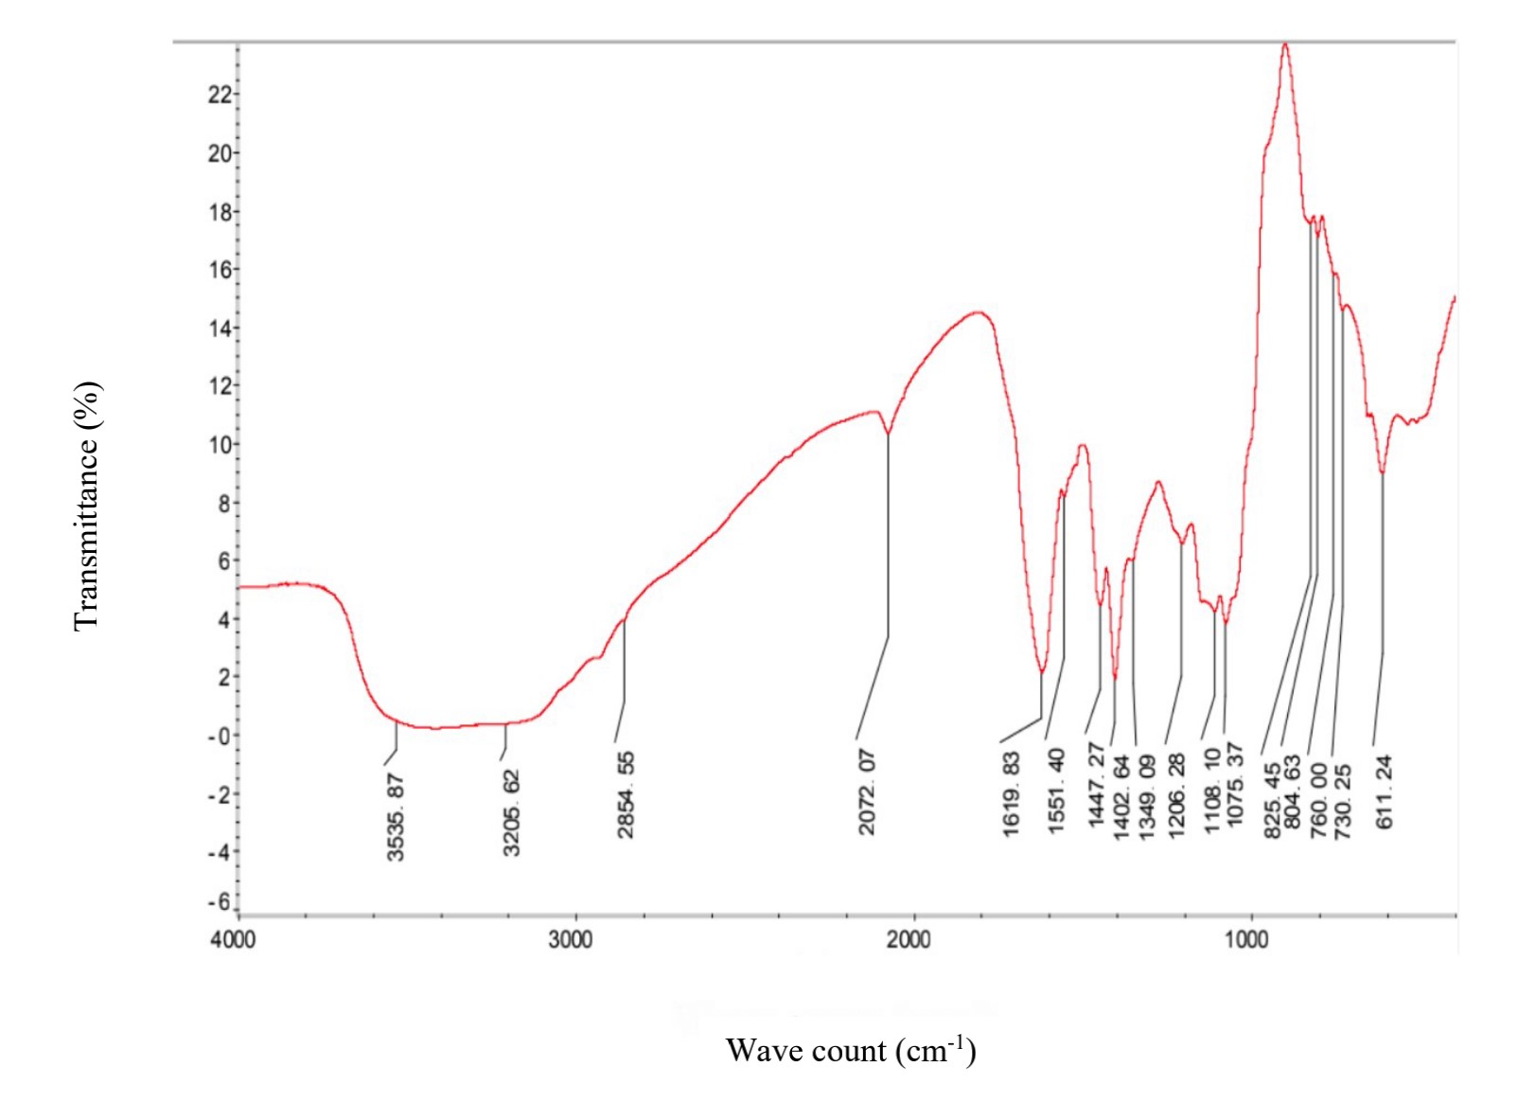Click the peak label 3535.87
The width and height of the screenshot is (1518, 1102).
point(396,817)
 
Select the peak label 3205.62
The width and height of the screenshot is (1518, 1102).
point(511,813)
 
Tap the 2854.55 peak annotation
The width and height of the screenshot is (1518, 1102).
point(626,795)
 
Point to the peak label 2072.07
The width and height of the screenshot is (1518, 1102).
point(867,792)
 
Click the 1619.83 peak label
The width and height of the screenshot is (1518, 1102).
point(1011,794)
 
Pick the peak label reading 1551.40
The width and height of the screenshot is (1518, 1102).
point(1056,791)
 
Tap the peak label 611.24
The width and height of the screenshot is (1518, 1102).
point(1385,791)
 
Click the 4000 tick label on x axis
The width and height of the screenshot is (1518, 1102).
point(233,939)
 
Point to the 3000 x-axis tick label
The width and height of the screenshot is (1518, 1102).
point(571,939)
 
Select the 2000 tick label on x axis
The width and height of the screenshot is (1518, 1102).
point(909,939)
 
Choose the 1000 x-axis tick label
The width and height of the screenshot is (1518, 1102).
point(1246,939)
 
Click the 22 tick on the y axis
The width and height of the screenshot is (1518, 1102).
point(220,94)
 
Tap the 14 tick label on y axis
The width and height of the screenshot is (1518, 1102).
point(220,328)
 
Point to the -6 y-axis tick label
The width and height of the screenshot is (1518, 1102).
point(220,901)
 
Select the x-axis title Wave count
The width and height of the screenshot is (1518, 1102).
point(850,1050)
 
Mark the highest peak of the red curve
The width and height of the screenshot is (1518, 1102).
point(1285,44)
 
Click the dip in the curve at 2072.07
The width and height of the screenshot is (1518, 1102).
point(888,434)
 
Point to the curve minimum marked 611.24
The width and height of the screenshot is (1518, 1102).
point(1383,471)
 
